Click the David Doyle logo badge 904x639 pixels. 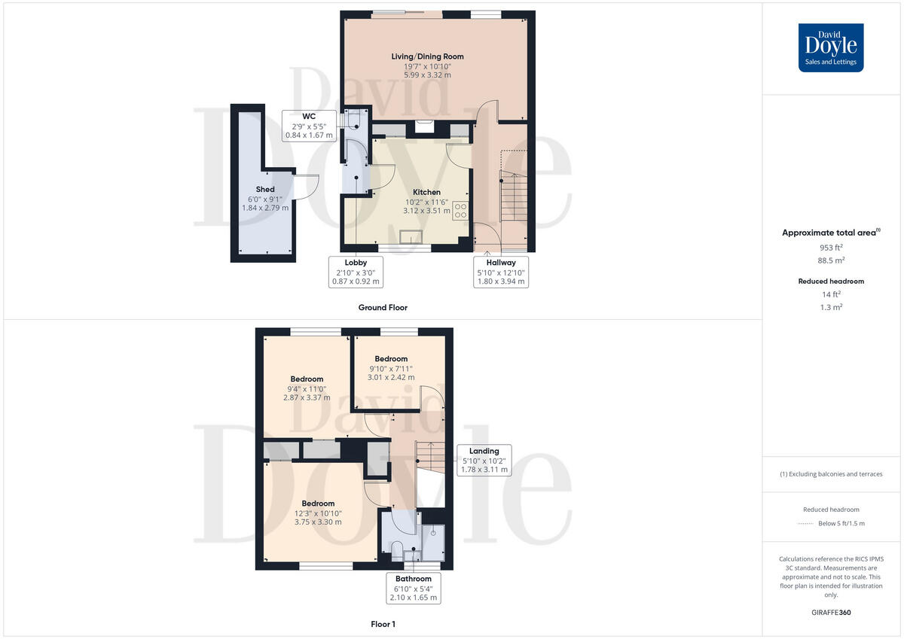(x=831, y=47)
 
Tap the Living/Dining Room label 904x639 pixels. (x=427, y=65)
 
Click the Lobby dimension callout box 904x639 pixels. (x=356, y=272)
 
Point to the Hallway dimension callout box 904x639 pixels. (x=500, y=272)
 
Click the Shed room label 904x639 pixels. (x=264, y=198)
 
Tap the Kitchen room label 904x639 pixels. (x=426, y=201)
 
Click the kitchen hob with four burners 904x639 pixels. (x=460, y=210)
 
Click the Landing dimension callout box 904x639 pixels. (x=484, y=460)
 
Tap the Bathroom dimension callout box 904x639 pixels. (x=413, y=588)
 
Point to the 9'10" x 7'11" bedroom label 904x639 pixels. (x=391, y=368)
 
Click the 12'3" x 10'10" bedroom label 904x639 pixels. (x=318, y=513)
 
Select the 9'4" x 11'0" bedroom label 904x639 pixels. (x=307, y=388)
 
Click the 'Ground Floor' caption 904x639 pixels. (x=383, y=307)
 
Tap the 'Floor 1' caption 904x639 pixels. (x=383, y=624)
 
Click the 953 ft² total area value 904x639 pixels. (x=831, y=248)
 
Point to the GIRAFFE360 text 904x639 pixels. (x=831, y=613)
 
